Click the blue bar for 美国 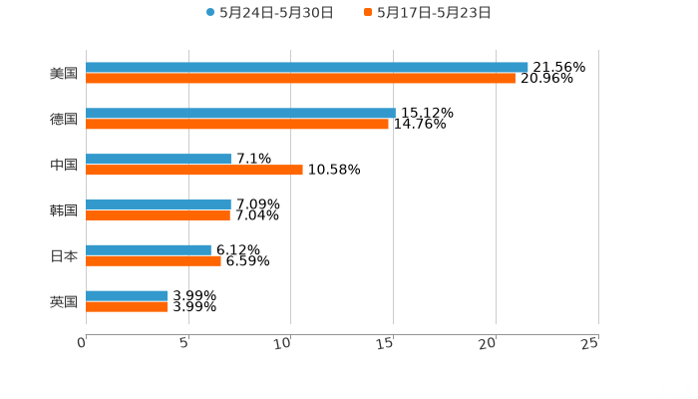(x=307, y=68)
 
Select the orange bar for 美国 (x=300, y=79)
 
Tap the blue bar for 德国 (x=240, y=114)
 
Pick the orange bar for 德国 (x=237, y=125)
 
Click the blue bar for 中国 (x=159, y=160)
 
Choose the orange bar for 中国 (x=194, y=171)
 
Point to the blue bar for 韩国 (x=159, y=204)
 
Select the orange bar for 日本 (x=154, y=261)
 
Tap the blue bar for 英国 (x=127, y=296)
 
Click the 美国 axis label (x=64, y=74)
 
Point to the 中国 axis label (x=64, y=165)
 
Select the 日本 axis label (x=64, y=256)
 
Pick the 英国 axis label (x=64, y=301)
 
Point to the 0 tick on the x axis (x=82, y=342)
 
